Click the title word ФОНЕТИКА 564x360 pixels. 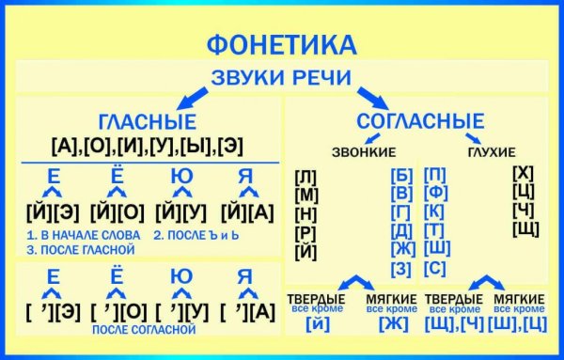pos(281,44)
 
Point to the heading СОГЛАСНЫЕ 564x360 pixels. pos(420,120)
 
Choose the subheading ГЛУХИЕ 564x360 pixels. pos(492,151)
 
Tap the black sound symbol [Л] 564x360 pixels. pos(305,176)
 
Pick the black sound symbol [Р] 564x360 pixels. pos(305,232)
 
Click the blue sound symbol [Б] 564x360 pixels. pos(400,174)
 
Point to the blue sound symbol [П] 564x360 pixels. pos(435,174)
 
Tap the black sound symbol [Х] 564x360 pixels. pos(525,172)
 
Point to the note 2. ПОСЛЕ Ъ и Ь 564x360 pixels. pos(198,233)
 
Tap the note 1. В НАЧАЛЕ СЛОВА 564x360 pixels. pos(84,233)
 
